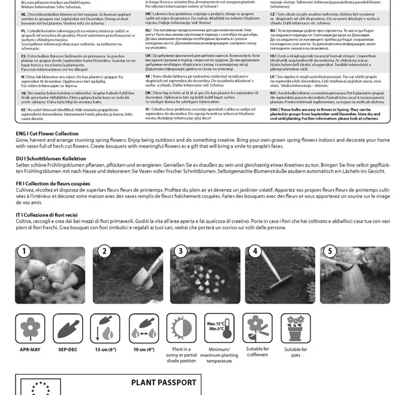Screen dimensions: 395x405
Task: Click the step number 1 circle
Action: tap(23, 251)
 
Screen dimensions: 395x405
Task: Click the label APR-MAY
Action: tap(30, 349)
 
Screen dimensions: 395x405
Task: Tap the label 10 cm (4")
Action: tap(144, 349)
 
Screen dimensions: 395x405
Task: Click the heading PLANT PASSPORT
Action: tap(164, 383)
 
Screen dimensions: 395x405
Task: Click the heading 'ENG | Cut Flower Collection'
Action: tap(47, 134)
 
